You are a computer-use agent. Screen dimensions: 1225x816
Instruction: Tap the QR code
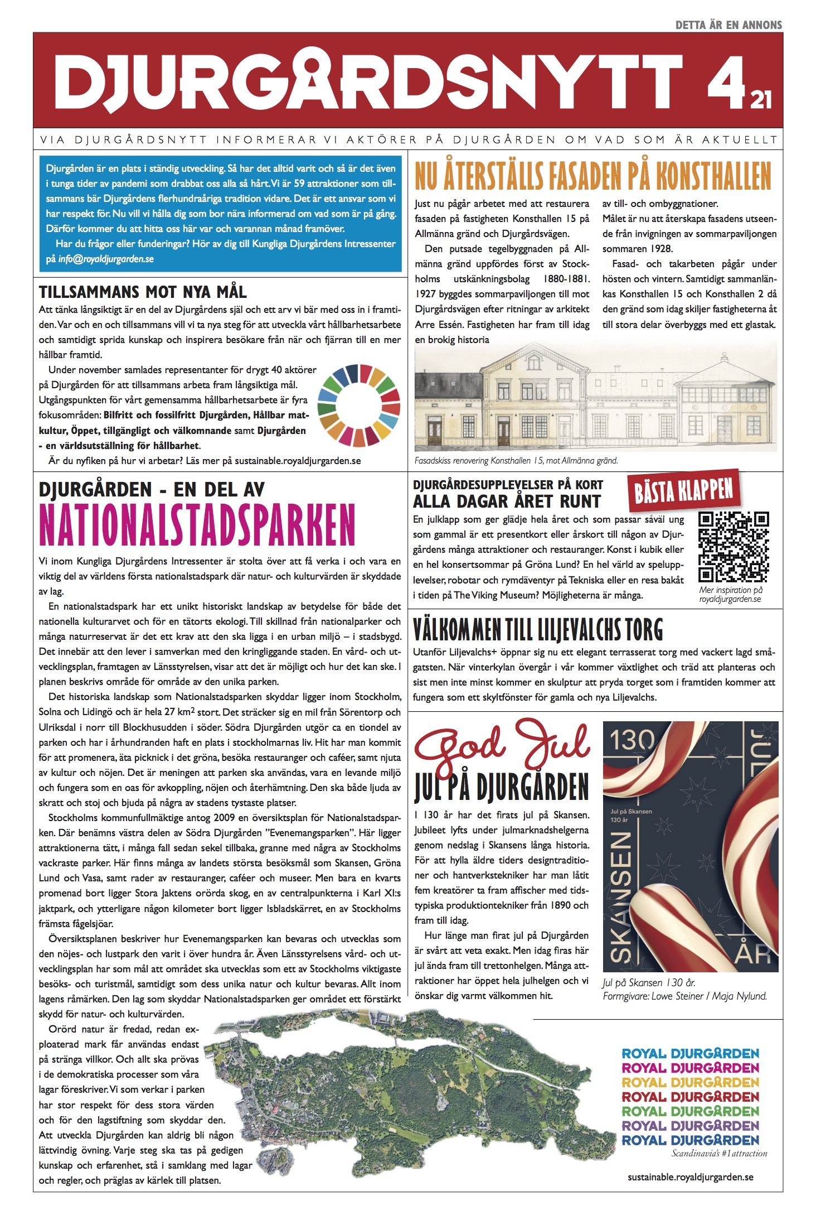click(734, 547)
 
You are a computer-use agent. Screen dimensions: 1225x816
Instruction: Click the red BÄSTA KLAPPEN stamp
click(683, 490)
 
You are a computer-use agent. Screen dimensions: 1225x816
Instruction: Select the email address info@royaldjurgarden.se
click(106, 259)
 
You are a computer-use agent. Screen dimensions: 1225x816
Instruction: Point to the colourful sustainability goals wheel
click(359, 405)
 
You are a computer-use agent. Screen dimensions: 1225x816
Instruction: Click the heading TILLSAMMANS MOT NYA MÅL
click(143, 292)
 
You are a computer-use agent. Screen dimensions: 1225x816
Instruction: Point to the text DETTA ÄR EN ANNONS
click(728, 25)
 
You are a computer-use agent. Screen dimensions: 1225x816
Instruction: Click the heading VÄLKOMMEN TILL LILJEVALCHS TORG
click(538, 629)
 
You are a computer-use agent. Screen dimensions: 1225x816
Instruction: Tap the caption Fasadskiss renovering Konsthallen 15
click(516, 461)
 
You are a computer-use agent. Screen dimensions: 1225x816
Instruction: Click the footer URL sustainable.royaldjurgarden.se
click(690, 1177)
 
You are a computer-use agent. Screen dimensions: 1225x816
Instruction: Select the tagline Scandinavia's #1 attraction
click(719, 1153)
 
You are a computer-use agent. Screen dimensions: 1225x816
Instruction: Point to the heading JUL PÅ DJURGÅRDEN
click(501, 787)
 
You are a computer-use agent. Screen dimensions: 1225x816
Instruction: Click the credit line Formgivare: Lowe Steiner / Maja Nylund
click(684, 996)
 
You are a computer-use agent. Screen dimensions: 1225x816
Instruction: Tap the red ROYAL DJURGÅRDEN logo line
click(690, 1096)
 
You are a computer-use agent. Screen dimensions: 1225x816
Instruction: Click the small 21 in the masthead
click(761, 100)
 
